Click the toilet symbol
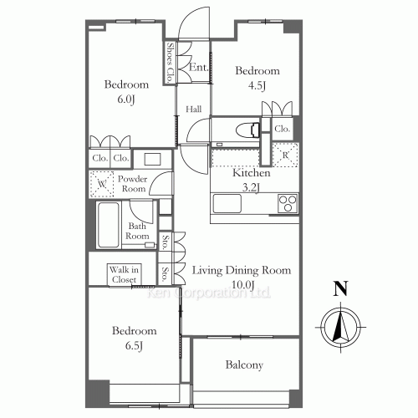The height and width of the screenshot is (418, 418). [x=248, y=130]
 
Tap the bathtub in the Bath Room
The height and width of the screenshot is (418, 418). [x=109, y=225]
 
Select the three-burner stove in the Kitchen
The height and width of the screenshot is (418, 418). [x=288, y=204]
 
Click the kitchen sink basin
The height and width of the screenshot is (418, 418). [x=227, y=204]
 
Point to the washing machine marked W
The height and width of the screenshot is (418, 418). [x=102, y=184]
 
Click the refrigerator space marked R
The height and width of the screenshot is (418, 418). [x=285, y=155]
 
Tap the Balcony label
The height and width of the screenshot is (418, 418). [x=244, y=365]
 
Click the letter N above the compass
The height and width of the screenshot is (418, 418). [x=340, y=288]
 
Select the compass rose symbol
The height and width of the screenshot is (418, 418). [x=340, y=328]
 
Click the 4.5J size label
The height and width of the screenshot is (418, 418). [x=257, y=85]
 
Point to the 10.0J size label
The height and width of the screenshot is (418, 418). [x=243, y=285]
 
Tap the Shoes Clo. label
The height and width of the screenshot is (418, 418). [x=170, y=63]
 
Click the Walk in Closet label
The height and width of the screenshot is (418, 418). [x=124, y=274]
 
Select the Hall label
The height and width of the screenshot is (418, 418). [x=194, y=109]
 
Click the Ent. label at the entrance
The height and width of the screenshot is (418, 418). [x=199, y=67]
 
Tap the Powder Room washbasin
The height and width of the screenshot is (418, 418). [x=152, y=160]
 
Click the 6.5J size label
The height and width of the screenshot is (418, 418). [x=134, y=346]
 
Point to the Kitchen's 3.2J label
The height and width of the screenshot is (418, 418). [x=251, y=188]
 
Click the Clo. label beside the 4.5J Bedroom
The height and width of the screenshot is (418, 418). [x=282, y=129]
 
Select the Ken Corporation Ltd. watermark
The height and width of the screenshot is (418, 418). [x=209, y=293]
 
